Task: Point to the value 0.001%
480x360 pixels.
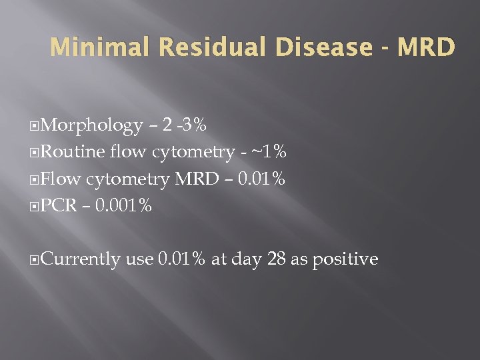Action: click(x=123, y=206)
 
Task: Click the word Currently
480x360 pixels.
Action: click(x=80, y=259)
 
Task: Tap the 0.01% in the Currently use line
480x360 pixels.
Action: click(x=181, y=259)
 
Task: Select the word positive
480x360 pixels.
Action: click(x=344, y=259)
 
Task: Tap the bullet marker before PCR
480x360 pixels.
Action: click(x=35, y=206)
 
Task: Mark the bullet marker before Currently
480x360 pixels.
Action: click(x=35, y=259)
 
